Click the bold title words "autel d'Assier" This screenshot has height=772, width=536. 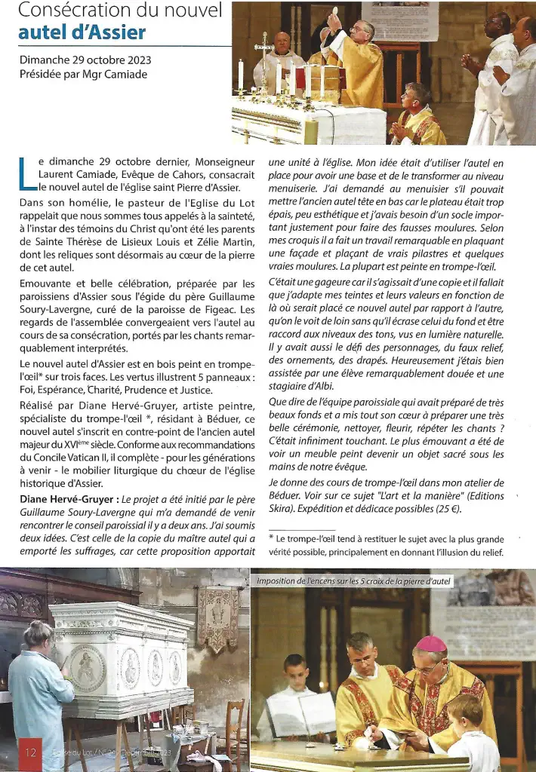[82, 32]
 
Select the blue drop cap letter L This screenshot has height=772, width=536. [26, 173]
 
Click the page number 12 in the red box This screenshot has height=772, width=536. [30, 753]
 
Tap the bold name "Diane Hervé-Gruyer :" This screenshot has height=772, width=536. [68, 500]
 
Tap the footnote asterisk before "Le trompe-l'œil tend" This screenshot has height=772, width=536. [272, 538]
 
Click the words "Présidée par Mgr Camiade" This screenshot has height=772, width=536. [84, 74]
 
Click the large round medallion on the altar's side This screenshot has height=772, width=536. [88, 667]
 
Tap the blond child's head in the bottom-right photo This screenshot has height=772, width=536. [465, 712]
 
